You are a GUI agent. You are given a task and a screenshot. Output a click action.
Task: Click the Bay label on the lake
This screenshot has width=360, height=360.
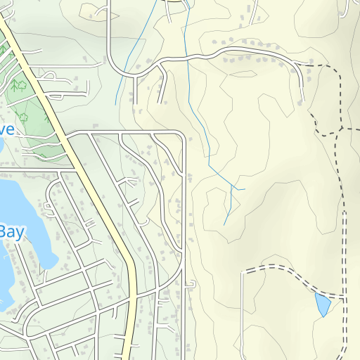coord(10,232)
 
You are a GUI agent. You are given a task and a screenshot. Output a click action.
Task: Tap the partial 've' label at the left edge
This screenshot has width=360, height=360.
coord(6,129)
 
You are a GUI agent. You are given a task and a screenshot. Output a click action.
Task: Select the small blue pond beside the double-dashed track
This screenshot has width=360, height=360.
coord(322,304)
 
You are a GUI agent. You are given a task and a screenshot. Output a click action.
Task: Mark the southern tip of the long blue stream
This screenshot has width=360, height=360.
coord(224,225)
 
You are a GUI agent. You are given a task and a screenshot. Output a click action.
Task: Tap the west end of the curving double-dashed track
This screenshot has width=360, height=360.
coord(243,271)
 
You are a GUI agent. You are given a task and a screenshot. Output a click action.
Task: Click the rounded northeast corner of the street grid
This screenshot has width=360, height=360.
coord(181,134)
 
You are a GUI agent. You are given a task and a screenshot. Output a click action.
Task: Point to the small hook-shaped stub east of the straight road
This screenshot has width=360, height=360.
coord(191,283)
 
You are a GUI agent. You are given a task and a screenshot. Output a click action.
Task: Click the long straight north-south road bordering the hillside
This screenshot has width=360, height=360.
coord(184,211)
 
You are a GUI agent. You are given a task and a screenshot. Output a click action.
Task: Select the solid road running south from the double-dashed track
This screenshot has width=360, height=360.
coord(241,316)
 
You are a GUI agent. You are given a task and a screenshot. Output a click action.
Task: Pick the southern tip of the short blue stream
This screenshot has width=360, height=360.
coord(117,103)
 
